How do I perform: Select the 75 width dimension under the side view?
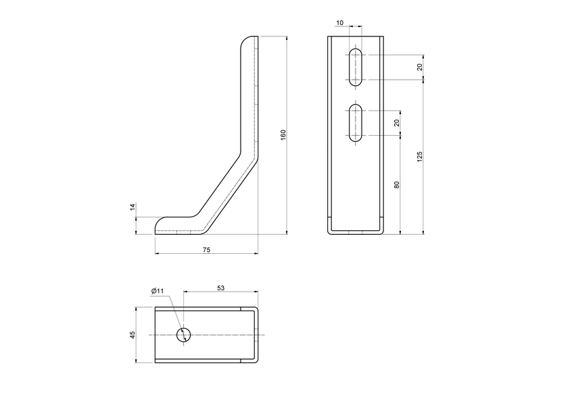click(206, 250)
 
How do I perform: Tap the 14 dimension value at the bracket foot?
click(133, 209)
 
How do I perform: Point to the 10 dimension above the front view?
click(339, 23)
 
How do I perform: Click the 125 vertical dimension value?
click(419, 157)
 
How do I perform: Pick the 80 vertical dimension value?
click(397, 184)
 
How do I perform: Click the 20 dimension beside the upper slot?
click(419, 67)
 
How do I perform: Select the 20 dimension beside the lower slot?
click(397, 122)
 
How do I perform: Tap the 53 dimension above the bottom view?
click(220, 288)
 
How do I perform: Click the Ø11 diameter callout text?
click(158, 291)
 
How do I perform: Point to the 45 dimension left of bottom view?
click(133, 335)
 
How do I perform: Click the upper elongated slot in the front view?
click(356, 67)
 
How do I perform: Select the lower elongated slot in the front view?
click(356, 123)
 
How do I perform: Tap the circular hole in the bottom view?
click(183, 335)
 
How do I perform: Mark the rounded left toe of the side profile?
click(160, 225)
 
